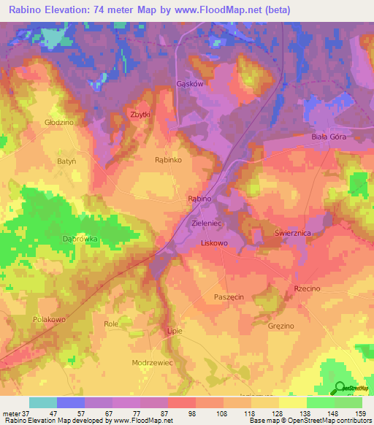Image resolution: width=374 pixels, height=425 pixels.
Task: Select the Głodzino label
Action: tap(59, 123)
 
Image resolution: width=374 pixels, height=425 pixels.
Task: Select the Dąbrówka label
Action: tap(80, 239)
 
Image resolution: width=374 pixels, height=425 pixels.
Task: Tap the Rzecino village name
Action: tap(307, 289)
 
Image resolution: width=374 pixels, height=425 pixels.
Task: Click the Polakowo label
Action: tap(50, 320)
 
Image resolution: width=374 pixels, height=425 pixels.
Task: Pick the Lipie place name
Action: tap(175, 331)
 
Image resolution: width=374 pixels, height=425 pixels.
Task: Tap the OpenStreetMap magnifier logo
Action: tap(337, 388)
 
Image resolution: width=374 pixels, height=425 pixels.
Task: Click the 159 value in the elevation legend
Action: tap(348, 413)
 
